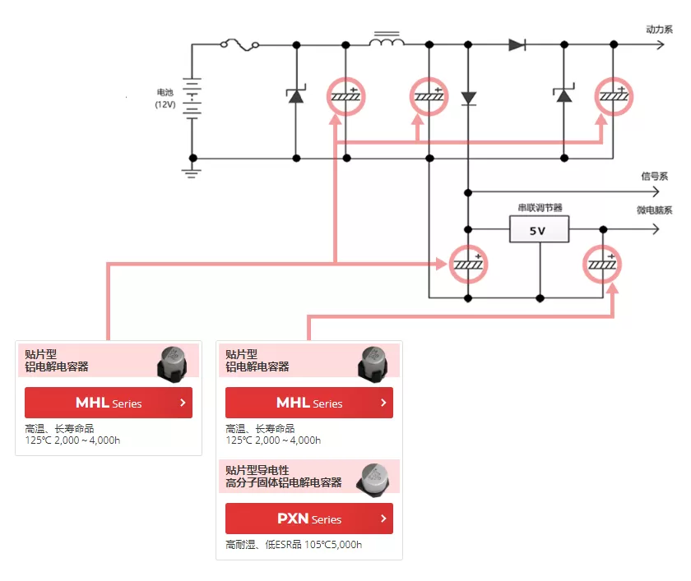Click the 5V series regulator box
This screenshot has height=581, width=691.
pos(539,229)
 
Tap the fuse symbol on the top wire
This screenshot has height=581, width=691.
pos(239,44)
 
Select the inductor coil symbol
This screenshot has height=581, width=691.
pos(387,39)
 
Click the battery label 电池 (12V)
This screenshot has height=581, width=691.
pos(165,98)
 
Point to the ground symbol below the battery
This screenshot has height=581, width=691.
pos(192,172)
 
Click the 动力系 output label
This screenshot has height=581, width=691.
pos(659,29)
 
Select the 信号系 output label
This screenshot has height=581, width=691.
pos(655,176)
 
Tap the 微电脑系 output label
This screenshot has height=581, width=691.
pos(655,210)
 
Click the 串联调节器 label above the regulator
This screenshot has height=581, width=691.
pos(540,207)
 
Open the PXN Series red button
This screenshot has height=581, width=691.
pos(309,519)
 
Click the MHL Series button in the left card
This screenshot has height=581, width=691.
pos(109,403)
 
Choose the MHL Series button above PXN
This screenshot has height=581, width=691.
pos(309,403)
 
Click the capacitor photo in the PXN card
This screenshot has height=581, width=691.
pos(373,479)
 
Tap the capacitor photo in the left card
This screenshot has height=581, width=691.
pos(172,363)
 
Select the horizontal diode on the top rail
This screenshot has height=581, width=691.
pos(517,44)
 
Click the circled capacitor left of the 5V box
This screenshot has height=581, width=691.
pos(468,264)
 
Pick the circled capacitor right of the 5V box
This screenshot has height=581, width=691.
pos(602,264)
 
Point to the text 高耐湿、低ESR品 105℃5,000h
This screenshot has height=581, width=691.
pos(294,545)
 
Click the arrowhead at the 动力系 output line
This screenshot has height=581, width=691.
pos(661,44)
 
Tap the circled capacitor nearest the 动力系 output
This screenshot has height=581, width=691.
pos(614,96)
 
